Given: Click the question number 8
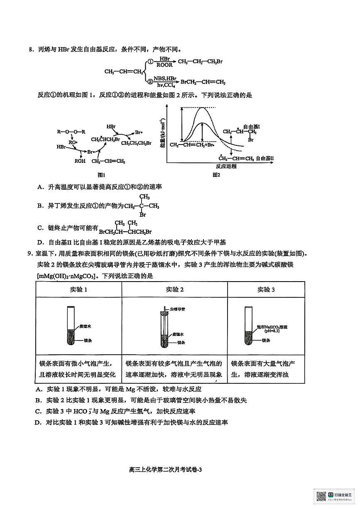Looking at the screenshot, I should [30, 50].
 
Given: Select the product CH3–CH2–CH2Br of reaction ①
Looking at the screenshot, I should [200, 62].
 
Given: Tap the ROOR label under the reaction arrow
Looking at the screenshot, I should [164, 65].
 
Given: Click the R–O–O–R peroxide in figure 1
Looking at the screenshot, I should [71, 132].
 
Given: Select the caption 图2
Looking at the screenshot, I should [216, 175].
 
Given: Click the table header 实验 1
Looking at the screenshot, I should [78, 289].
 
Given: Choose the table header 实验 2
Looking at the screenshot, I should [174, 289].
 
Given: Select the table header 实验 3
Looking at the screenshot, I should [266, 289].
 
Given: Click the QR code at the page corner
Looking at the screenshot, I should [321, 496].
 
